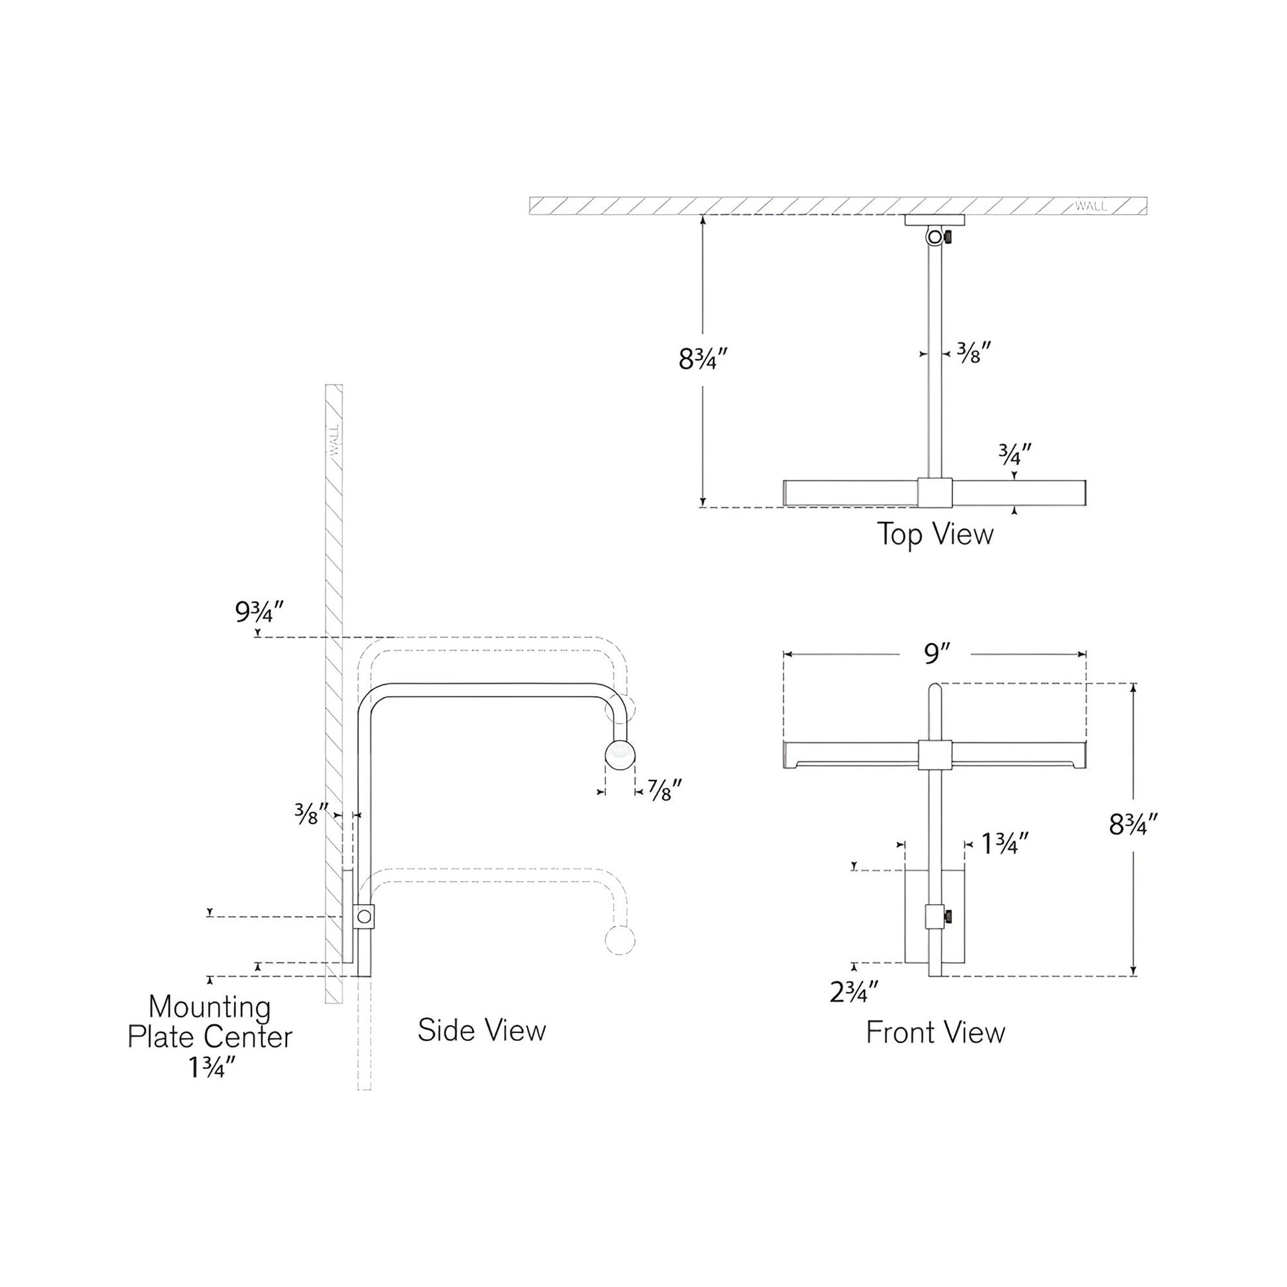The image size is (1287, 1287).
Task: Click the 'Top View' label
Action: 934,534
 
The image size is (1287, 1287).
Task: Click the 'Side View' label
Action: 481,1030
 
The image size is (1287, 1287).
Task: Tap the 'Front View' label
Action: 934,1032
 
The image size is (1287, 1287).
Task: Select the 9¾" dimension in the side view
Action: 259,612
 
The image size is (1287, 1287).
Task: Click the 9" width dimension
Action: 934,654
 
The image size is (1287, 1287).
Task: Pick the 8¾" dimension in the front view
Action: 1133,825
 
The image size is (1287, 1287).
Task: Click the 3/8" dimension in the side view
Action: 310,814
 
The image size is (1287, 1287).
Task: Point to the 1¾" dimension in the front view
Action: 1005,844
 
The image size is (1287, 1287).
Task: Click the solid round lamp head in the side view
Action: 620,754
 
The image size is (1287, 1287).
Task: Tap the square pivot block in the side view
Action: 364,917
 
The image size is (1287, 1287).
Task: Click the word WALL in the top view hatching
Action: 1091,206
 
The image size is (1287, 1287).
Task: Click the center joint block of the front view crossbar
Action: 934,754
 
